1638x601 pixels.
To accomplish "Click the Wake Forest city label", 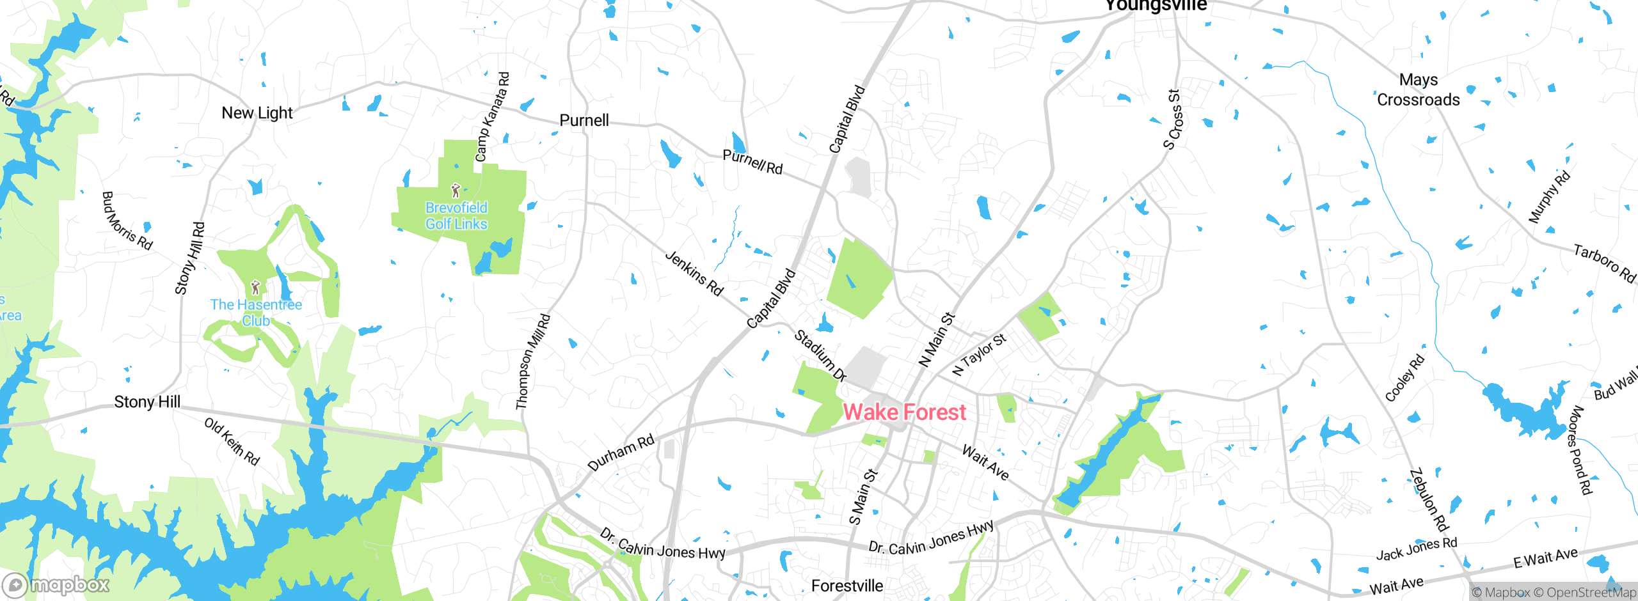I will pyautogui.click(x=904, y=412).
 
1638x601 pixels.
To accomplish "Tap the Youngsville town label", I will pyautogui.click(x=1156, y=6).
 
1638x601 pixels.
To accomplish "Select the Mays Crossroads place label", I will pyautogui.click(x=1418, y=90).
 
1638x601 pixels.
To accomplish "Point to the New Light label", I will pyautogui.click(x=257, y=113).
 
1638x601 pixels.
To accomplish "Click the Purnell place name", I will pyautogui.click(x=584, y=120).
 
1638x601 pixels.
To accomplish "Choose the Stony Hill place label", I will pyautogui.click(x=147, y=402).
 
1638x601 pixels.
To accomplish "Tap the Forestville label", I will pyautogui.click(x=847, y=586).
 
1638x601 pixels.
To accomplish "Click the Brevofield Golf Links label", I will pyautogui.click(x=456, y=216).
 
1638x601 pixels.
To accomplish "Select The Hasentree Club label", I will pyautogui.click(x=256, y=313).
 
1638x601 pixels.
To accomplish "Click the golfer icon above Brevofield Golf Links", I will pyautogui.click(x=456, y=191).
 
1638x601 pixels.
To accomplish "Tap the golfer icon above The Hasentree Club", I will pyautogui.click(x=255, y=287).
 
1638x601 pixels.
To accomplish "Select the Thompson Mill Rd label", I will pyautogui.click(x=532, y=361).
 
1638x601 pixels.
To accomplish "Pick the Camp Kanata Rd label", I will pyautogui.click(x=492, y=116).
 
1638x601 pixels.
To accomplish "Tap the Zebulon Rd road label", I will pyautogui.click(x=1429, y=501).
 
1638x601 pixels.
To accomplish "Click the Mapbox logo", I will pyautogui.click(x=56, y=585).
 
